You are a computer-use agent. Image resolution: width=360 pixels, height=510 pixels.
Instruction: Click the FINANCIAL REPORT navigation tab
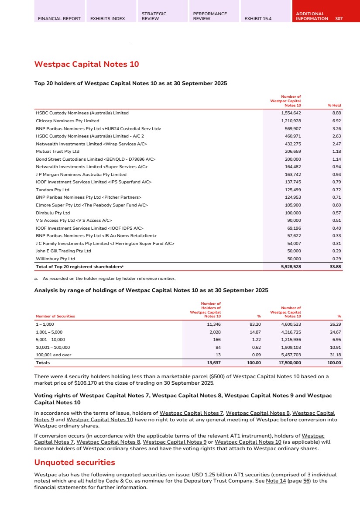click(59, 19)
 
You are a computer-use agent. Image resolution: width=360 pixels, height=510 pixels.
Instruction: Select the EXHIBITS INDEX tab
click(107, 19)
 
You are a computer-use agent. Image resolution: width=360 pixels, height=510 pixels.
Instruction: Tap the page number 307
click(339, 19)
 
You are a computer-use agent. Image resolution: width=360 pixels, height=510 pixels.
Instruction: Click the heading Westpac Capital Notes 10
click(86, 65)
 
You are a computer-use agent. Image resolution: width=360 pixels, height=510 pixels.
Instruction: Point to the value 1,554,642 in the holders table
click(290, 113)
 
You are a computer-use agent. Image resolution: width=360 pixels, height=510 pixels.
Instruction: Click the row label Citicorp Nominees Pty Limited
click(68, 121)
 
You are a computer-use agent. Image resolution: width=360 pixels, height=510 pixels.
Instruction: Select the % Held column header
click(334, 105)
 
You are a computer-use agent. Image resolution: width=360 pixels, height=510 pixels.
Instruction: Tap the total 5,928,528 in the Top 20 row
click(289, 266)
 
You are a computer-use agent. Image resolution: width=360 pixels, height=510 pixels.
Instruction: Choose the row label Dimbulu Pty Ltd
click(53, 213)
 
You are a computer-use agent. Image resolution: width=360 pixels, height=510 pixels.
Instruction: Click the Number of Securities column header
click(55, 316)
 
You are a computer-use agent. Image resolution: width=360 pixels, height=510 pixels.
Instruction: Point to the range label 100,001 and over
click(53, 355)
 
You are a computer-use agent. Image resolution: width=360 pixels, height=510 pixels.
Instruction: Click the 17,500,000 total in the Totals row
click(289, 363)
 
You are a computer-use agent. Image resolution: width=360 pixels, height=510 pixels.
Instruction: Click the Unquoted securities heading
click(75, 462)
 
